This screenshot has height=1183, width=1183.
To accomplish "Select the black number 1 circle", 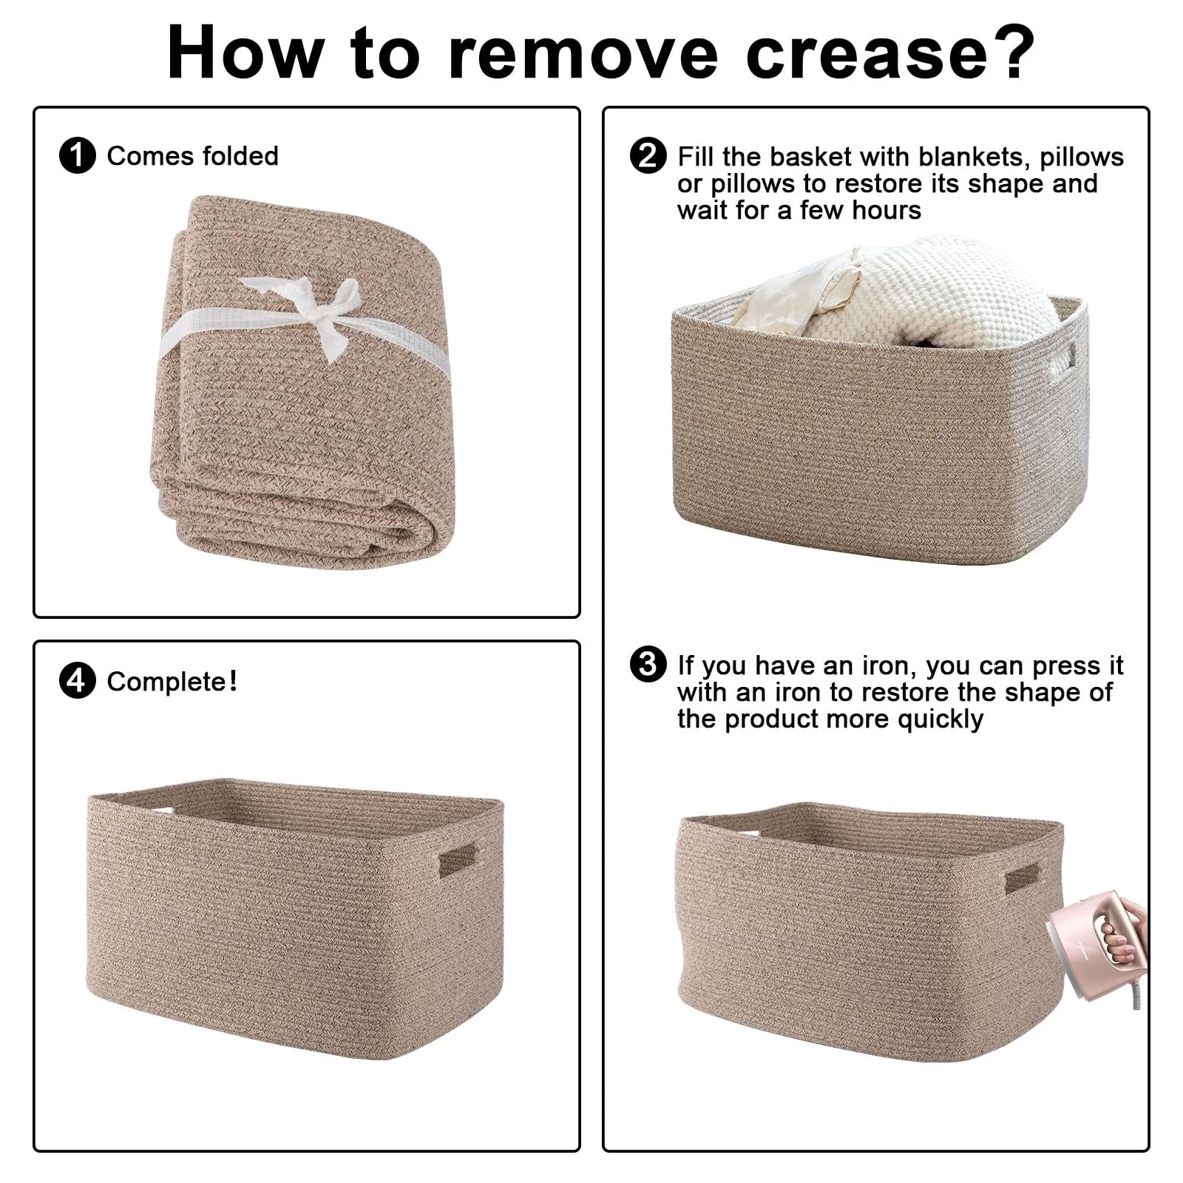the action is [x=78, y=156].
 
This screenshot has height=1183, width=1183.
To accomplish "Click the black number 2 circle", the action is [x=648, y=156].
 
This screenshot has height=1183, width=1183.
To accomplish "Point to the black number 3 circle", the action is [x=648, y=664].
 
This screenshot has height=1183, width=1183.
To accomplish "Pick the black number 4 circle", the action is [x=78, y=681].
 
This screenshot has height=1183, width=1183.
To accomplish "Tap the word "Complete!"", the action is [x=172, y=682].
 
